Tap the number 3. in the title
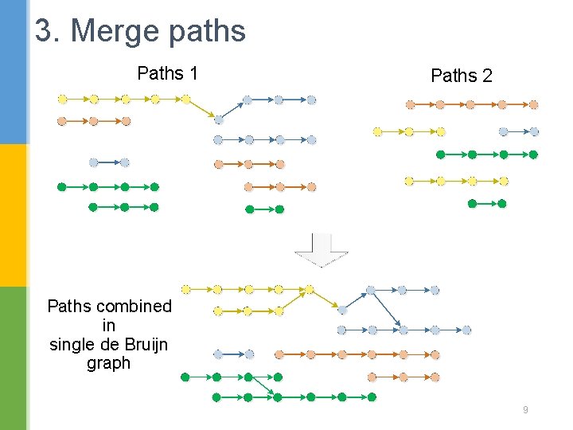coord(48,31)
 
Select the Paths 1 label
coord(167,73)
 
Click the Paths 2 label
coord(461,76)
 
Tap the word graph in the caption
coord(108,363)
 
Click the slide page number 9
coord(525,410)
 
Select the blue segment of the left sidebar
coord(14,72)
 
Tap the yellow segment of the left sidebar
coord(14,215)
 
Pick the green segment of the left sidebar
coord(14,358)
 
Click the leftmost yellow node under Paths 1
coord(62,100)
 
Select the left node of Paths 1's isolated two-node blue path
coord(93,162)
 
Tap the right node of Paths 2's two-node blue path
coord(534,132)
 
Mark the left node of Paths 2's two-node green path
coord(472,204)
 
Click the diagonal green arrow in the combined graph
coord(262,386)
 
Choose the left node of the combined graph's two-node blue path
coord(218,354)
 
